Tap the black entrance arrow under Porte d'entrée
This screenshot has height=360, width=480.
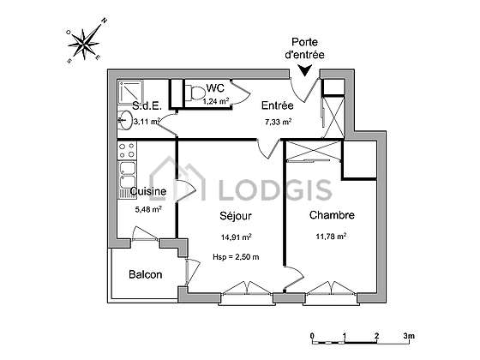click(305, 70)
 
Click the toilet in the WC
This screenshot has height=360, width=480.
click(195, 93)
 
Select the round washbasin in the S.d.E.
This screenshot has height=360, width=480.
click(124, 119)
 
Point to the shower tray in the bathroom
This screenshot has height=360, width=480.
click(130, 93)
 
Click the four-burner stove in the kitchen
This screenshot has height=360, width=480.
click(127, 150)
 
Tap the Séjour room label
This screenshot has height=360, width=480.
click(236, 216)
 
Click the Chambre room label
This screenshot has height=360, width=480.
click(332, 215)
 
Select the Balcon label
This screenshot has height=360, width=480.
click(146, 274)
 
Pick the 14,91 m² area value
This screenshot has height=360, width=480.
click(237, 237)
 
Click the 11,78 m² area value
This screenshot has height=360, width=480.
click(331, 237)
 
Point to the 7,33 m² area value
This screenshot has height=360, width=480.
click(278, 122)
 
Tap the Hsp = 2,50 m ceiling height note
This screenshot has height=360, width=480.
click(236, 257)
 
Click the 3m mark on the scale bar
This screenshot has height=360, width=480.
click(409, 336)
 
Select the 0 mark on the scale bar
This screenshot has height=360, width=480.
click(312, 336)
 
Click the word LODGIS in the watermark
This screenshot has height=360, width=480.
click(275, 189)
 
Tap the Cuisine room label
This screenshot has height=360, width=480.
click(148, 191)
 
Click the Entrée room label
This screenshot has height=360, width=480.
click(278, 105)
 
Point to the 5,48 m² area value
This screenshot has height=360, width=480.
click(148, 209)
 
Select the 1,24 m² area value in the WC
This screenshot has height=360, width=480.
click(216, 101)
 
